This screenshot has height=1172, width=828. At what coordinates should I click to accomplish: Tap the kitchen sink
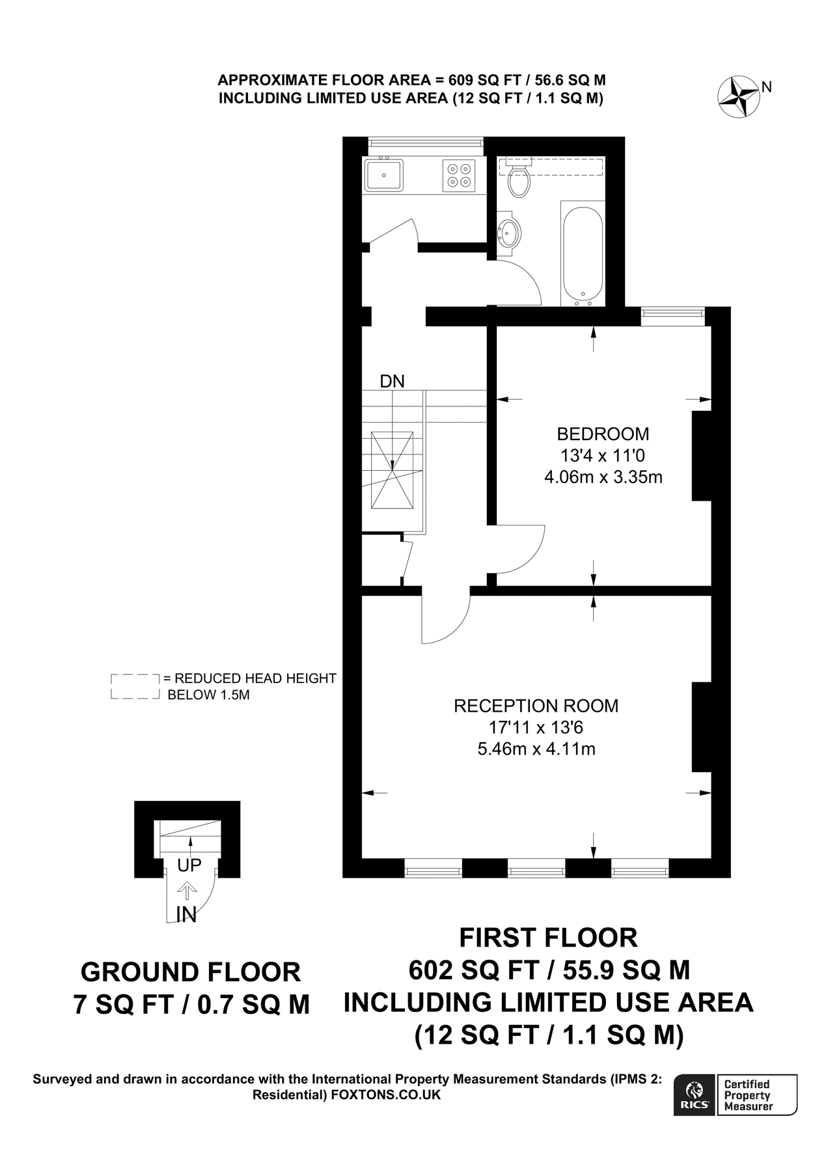coord(384,175)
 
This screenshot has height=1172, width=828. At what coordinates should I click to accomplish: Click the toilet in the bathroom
coord(519,181)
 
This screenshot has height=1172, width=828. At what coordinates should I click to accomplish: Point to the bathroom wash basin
coord(509,231)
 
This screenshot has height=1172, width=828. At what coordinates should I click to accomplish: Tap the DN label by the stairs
coord(392,382)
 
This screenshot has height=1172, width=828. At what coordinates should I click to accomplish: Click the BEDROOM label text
coord(603,434)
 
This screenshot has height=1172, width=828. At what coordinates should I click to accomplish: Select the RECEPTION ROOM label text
coord(536,706)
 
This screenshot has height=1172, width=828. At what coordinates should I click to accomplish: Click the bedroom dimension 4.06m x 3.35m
coord(603,477)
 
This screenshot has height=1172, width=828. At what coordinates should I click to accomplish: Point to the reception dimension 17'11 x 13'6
coord(536,727)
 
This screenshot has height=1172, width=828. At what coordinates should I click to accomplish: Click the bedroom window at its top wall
coord(672,316)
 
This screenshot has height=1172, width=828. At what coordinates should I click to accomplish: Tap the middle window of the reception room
coord(536,868)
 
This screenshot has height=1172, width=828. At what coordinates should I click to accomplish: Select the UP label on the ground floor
coord(189,865)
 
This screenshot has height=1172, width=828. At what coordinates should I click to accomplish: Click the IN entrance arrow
coord(187,890)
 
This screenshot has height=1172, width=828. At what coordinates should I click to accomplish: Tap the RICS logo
coord(695,1095)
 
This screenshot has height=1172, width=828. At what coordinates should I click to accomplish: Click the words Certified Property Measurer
coord(748,1095)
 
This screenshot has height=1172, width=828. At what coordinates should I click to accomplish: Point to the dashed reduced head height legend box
coord(135,687)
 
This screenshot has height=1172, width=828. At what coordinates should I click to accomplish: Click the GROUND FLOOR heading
coord(191,972)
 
